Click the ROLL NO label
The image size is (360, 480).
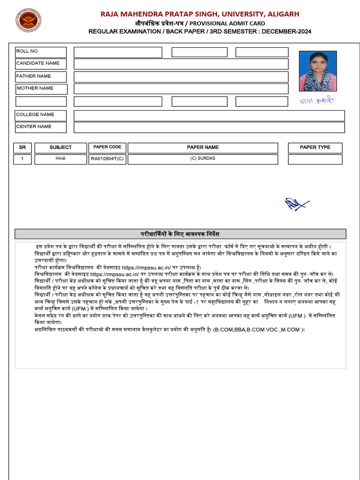pyautogui.click(x=27, y=51)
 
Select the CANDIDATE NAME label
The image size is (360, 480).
pyautogui.click(x=38, y=63)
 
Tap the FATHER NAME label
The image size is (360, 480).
pyautogui.click(x=34, y=76)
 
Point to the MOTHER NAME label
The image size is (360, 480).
pyautogui.click(x=35, y=88)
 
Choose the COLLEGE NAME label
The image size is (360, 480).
pyautogui.click(x=35, y=114)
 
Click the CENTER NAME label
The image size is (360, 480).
pyautogui.click(x=34, y=127)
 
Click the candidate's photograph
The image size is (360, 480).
pyautogui.click(x=317, y=71)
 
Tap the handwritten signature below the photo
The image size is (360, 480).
pyautogui.click(x=318, y=100)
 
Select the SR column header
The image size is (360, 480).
pyautogui.click(x=22, y=148)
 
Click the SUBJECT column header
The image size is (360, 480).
pyautogui.click(x=60, y=148)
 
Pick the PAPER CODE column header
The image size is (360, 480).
pyautogui.click(x=107, y=147)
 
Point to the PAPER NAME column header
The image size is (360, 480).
pyautogui.click(x=202, y=148)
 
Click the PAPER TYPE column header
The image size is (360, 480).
pyautogui.click(x=315, y=148)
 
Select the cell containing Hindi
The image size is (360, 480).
pyautogui.click(x=60, y=159)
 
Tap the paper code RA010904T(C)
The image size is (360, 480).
pyautogui.click(x=107, y=159)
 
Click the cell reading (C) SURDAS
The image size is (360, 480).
pyautogui.click(x=202, y=159)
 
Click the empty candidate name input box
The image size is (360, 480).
pyautogui.click(x=181, y=64)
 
